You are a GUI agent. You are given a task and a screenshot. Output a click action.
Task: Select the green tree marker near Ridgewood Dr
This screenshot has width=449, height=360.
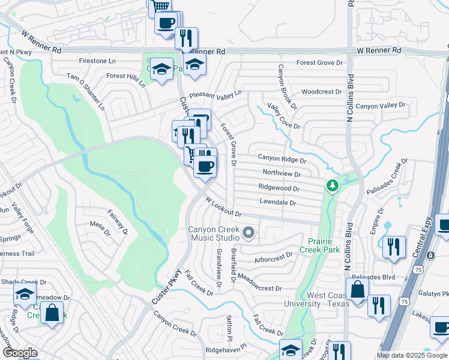click(332, 187)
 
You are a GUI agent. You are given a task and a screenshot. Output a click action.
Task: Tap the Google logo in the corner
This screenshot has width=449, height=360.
click(19, 353)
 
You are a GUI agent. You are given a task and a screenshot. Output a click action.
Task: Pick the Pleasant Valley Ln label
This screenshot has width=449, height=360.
click(215, 94)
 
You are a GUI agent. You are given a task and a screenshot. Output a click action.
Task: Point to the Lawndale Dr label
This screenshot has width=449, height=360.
click(277, 203)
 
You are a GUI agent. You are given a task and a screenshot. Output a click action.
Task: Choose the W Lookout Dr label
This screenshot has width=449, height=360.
click(223, 208)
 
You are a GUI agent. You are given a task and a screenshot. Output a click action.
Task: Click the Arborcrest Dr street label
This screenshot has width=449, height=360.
click(273, 254)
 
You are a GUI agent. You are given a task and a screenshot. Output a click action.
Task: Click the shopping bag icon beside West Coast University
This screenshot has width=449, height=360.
click(357, 289)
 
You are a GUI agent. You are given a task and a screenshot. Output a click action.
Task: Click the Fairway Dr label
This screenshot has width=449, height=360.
click(118, 221)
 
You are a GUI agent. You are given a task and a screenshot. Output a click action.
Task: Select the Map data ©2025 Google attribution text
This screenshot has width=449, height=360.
click(412, 355)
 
